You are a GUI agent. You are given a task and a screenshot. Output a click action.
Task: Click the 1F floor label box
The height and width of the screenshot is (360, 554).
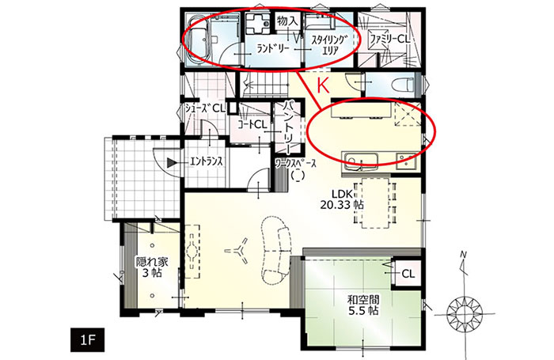pyautogui.click(x=87, y=340)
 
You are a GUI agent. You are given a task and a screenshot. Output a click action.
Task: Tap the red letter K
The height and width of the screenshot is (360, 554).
pyautogui.click(x=323, y=85)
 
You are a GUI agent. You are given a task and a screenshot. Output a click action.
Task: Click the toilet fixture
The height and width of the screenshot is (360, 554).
pyautogui.click(x=404, y=85)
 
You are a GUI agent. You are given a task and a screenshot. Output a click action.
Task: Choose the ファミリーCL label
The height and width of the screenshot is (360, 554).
pyautogui.click(x=389, y=39)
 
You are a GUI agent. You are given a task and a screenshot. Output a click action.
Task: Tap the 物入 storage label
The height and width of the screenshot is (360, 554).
pyautogui.click(x=287, y=21)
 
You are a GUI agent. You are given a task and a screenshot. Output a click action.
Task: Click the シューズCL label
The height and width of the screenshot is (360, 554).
pyautogui.click(x=206, y=108)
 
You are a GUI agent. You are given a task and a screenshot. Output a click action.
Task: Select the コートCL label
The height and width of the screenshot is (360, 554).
pyautogui.click(x=252, y=124)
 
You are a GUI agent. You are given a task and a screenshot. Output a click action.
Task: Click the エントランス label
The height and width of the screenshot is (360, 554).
pyautogui.click(x=207, y=162)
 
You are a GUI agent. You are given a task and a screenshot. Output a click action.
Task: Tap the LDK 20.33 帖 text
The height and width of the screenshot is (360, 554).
pyautogui.click(x=341, y=199)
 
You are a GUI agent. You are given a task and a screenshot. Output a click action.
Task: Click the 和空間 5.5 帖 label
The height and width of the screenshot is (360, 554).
pyautogui.click(x=363, y=305)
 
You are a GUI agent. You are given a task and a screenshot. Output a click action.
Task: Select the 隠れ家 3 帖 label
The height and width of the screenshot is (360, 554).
pyautogui.click(x=152, y=267)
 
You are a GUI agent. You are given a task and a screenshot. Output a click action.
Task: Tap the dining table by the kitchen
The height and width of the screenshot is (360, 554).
pyautogui.click(x=375, y=203)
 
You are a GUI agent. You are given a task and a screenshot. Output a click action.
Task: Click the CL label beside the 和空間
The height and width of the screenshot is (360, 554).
pyautogui.click(x=408, y=274)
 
